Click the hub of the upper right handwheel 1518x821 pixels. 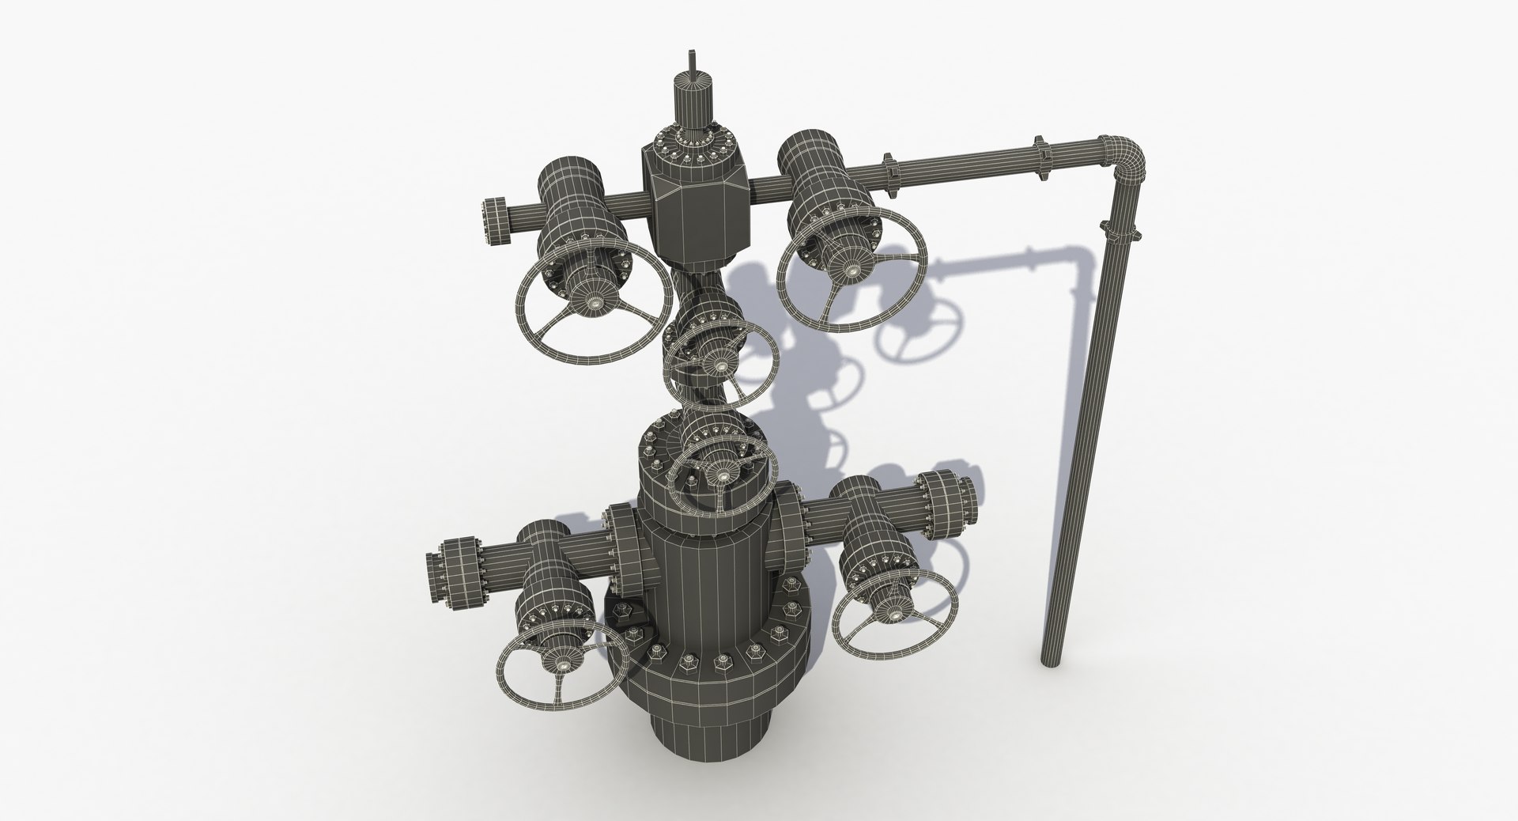click(855, 271)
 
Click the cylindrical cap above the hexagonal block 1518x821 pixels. click(692, 103)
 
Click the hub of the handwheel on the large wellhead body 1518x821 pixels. click(719, 475)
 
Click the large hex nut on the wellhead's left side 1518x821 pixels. click(621, 613)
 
